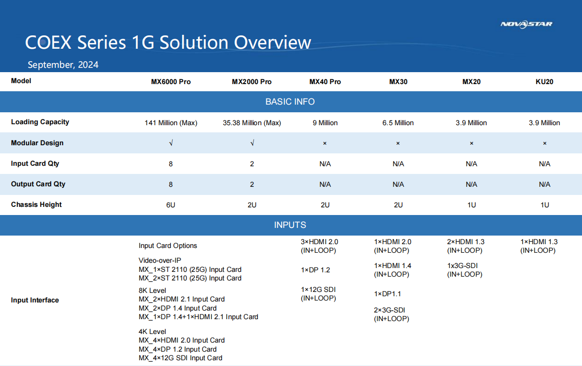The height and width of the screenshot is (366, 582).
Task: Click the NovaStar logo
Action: pyautogui.click(x=527, y=24)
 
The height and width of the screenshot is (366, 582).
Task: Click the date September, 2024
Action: pyautogui.click(x=63, y=65)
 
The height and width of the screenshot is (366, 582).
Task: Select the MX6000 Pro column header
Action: pyautogui.click(x=171, y=82)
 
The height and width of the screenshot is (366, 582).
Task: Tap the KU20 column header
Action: pyautogui.click(x=544, y=82)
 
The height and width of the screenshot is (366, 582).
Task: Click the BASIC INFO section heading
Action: pyautogui.click(x=290, y=101)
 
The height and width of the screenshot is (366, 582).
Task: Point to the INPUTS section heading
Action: pyautogui.click(x=290, y=225)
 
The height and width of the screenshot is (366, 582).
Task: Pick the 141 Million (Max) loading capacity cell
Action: pyautogui.click(x=171, y=123)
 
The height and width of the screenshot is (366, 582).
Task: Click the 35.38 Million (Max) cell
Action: pyautogui.click(x=252, y=123)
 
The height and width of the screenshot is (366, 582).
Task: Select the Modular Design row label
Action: pyautogui.click(x=37, y=143)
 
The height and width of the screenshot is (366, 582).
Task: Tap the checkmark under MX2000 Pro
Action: pyautogui.click(x=252, y=143)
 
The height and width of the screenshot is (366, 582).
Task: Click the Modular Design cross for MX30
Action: pyautogui.click(x=398, y=143)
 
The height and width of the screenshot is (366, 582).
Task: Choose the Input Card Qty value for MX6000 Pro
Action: pyautogui.click(x=171, y=164)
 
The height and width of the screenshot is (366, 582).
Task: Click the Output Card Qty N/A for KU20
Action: pyautogui.click(x=544, y=184)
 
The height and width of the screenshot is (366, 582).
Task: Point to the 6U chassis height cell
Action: pyautogui.click(x=171, y=205)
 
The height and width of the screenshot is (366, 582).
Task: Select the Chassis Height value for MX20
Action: pyautogui.click(x=472, y=205)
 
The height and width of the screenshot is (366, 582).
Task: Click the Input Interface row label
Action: pyautogui.click(x=35, y=300)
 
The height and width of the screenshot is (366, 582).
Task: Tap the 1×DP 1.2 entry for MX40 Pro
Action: pyautogui.click(x=316, y=270)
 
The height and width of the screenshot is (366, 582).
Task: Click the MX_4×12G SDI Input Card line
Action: pyautogui.click(x=180, y=358)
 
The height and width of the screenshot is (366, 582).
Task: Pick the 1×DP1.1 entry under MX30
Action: pyautogui.click(x=387, y=294)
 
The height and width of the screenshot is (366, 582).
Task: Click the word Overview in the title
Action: pyautogui.click(x=272, y=43)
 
